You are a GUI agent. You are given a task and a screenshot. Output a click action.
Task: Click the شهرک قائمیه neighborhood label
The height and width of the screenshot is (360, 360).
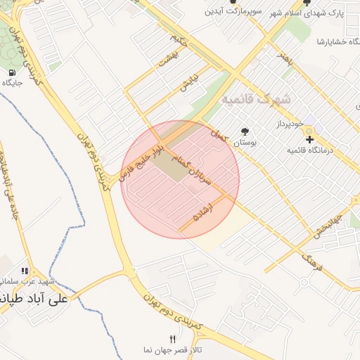coord(257,99)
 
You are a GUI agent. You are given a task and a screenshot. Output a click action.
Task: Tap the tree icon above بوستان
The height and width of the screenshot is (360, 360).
coord(245,131)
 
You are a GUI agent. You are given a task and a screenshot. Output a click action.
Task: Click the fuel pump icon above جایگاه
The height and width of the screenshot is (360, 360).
coord(12,72)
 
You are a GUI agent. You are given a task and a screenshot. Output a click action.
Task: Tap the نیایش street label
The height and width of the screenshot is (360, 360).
coord(189,82)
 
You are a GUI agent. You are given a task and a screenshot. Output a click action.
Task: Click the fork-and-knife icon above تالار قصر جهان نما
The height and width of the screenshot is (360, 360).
coord(173,339)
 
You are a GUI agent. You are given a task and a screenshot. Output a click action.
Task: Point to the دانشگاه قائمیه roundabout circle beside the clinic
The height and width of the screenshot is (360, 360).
coord(310,131)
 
